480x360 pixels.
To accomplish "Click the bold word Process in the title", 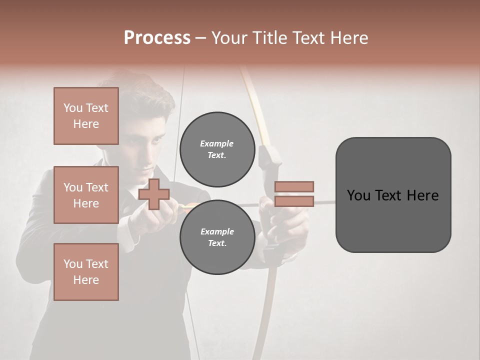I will coord(157,37).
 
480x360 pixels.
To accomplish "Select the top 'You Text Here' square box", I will coord(86,116).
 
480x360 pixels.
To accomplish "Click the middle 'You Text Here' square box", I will coord(86,195).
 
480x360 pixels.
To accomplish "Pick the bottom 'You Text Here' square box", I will coord(86,272).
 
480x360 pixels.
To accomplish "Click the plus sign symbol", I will coord(154,194).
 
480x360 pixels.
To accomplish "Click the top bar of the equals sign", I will coord(294,186).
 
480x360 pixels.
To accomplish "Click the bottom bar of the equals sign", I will coord(294,201).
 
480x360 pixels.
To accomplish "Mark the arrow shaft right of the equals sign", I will coord(325,202).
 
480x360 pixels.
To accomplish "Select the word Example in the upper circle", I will coord(216,143).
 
